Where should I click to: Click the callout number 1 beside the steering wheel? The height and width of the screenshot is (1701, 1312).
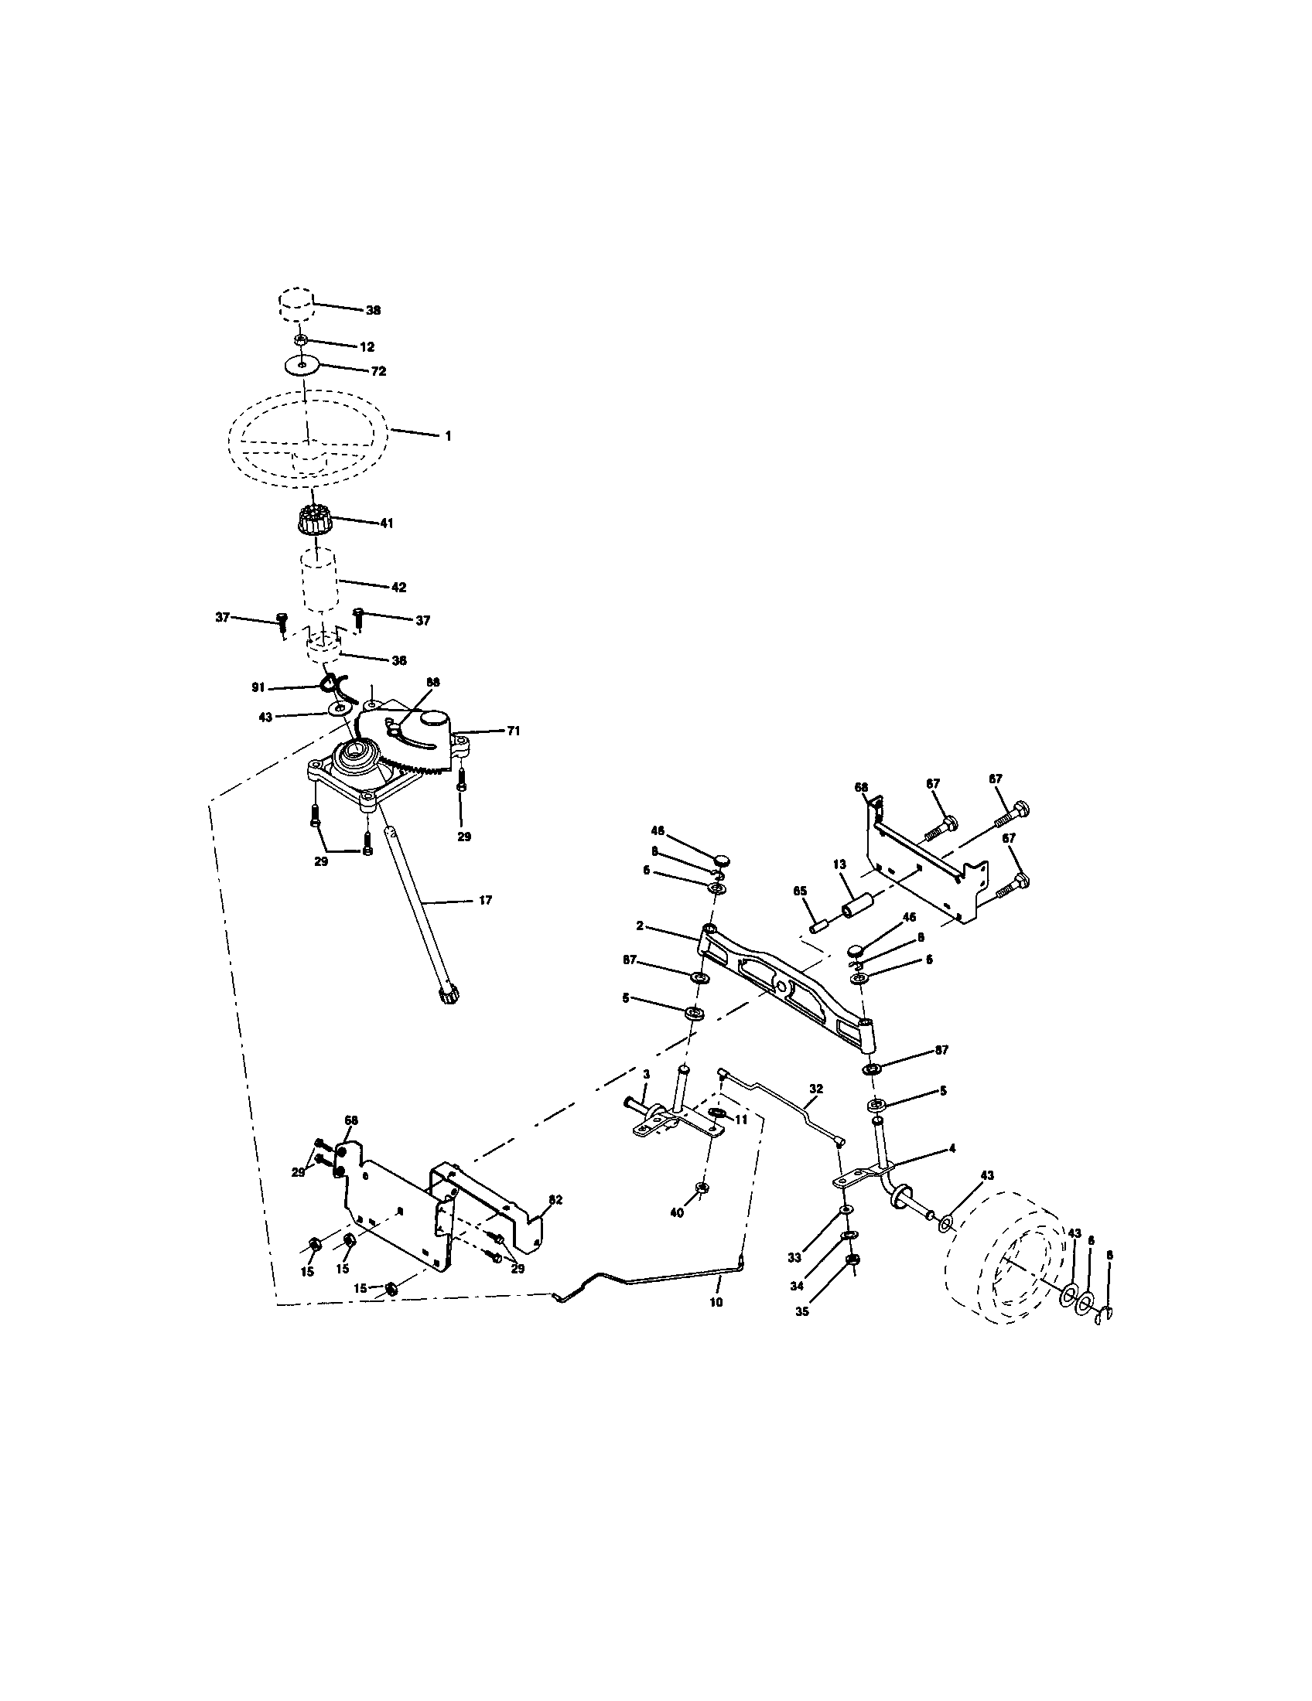click(447, 436)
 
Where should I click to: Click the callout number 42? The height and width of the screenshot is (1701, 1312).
click(398, 588)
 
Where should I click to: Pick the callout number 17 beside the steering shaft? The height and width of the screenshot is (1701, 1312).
click(484, 900)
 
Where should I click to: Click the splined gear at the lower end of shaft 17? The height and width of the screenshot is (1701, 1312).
click(449, 996)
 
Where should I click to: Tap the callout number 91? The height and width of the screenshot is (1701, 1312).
click(258, 687)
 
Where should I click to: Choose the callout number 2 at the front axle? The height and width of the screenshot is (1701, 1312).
click(639, 926)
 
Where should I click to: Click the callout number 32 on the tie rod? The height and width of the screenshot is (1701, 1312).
click(815, 1088)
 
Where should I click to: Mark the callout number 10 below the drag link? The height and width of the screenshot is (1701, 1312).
click(716, 1301)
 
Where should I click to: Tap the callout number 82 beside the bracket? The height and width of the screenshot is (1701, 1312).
click(555, 1200)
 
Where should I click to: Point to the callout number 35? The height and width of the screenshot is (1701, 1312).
click(801, 1311)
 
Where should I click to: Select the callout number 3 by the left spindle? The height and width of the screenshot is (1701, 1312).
click(646, 1075)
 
